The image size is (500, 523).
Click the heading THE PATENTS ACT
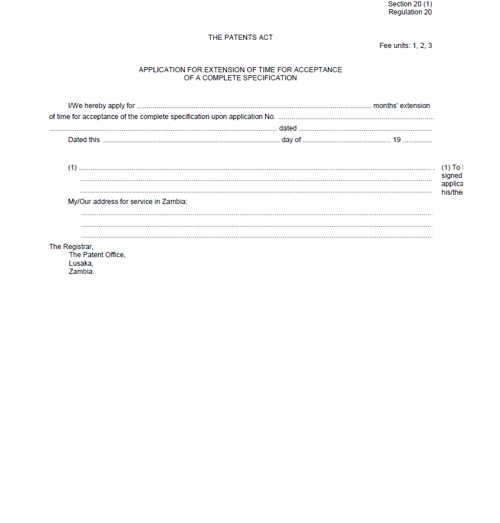[240, 38]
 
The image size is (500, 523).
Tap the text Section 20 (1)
[410, 4]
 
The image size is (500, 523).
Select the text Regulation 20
[410, 12]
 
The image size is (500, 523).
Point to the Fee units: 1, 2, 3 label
[405, 46]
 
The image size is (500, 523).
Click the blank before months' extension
[254, 106]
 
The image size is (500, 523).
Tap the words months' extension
[401, 106]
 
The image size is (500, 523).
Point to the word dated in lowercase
[288, 128]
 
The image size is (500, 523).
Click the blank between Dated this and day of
[191, 140]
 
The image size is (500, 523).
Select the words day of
[291, 140]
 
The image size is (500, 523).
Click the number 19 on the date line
[397, 140]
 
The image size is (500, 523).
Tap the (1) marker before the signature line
[72, 168]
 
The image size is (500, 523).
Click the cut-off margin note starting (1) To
[452, 168]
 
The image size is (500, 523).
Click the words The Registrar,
[71, 247]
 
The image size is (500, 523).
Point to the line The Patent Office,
[97, 255]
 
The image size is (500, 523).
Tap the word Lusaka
[81, 264]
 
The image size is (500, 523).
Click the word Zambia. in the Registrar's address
[81, 272]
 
